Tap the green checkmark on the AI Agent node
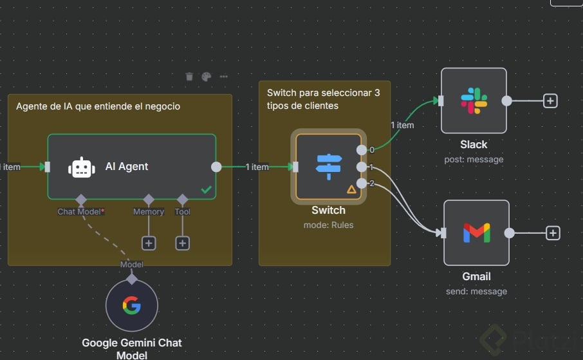click(206, 189)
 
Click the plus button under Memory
click(149, 243)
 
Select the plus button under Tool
click(183, 243)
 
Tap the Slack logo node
click(474, 101)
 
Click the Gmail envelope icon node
click(476, 232)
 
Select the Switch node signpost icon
click(328, 167)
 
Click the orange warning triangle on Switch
click(351, 189)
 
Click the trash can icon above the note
click(189, 77)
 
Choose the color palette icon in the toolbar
click(206, 77)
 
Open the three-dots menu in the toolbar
click(223, 77)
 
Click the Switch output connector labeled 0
click(362, 150)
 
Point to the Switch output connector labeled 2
click(362, 184)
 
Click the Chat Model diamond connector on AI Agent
click(81, 200)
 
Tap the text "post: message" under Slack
click(474, 159)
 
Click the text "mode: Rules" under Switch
click(328, 225)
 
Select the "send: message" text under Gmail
click(476, 291)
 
